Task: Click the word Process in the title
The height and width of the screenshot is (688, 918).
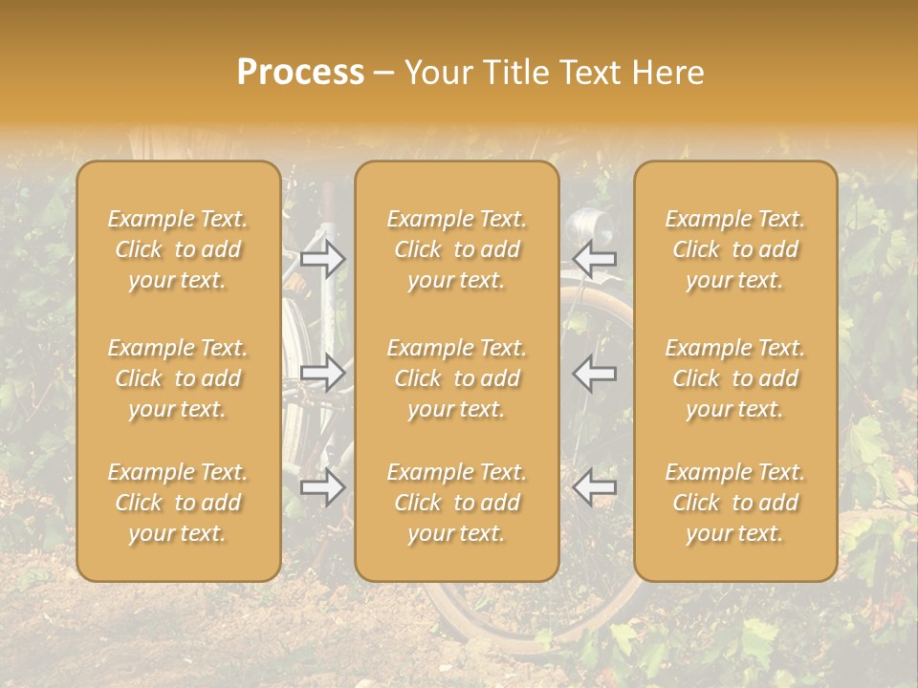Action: (300, 73)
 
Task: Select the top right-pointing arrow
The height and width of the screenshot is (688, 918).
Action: (322, 258)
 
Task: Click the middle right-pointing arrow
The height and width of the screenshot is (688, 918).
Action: (322, 373)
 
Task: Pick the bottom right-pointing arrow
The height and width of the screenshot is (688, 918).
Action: (322, 487)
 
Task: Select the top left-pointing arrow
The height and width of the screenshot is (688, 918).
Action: (595, 258)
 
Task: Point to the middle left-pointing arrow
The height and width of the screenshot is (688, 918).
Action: (595, 373)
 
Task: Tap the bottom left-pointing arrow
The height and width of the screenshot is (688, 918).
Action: (595, 487)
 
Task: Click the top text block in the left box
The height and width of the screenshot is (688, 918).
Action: (178, 249)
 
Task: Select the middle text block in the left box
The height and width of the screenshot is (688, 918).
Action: (178, 378)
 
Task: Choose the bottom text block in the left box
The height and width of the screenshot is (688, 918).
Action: (178, 503)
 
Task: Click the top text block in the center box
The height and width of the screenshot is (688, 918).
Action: (457, 249)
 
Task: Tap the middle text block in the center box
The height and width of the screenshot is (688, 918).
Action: (457, 378)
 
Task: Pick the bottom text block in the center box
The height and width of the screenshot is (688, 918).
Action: (457, 503)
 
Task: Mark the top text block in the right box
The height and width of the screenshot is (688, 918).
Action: (735, 249)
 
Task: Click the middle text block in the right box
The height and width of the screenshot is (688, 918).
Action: (735, 378)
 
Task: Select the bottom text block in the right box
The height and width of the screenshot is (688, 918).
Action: (735, 503)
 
